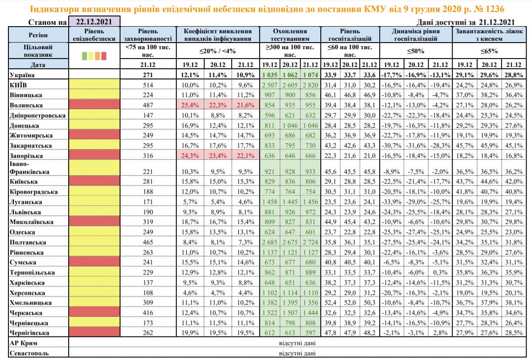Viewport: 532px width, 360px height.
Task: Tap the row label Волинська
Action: [x=26, y=105]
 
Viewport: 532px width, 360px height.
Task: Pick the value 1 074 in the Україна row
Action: [x=310, y=74]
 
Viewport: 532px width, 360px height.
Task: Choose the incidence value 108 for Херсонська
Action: [x=148, y=292]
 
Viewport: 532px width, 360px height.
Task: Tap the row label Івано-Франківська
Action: [x=26, y=168]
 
